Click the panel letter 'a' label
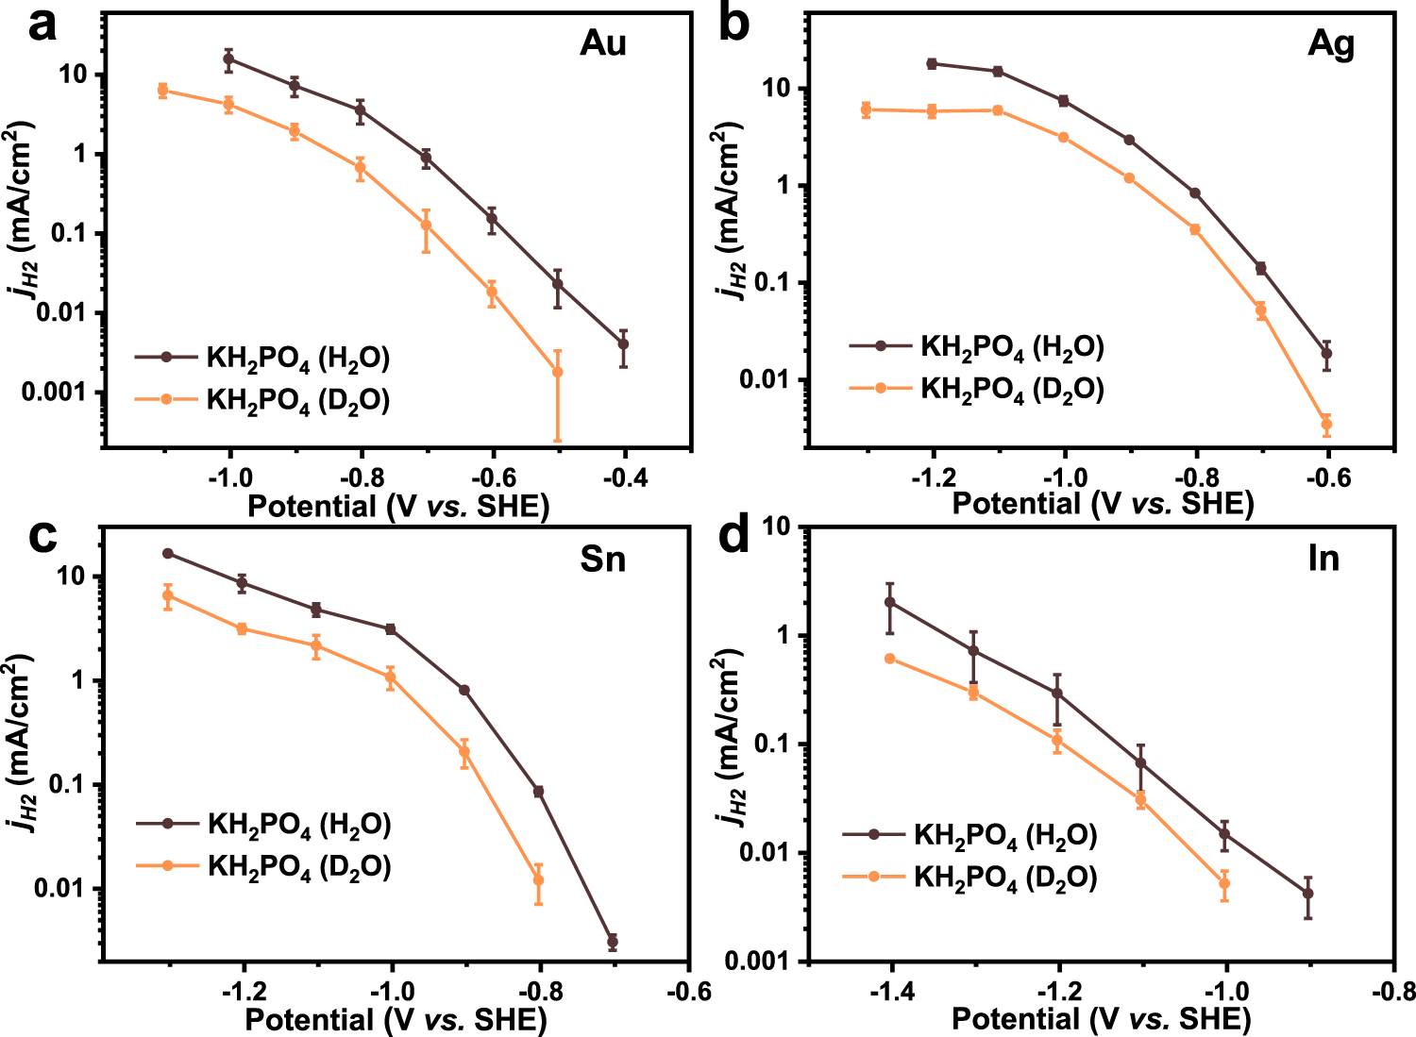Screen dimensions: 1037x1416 point(42,25)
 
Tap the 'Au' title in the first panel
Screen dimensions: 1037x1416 point(602,43)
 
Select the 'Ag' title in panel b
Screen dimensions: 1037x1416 point(1330,43)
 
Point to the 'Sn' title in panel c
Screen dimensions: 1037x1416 point(602,560)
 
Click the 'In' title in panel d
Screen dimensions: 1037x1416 point(1323,559)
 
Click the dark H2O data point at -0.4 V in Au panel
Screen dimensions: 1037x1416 point(623,344)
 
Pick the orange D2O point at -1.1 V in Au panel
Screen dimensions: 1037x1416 point(162,91)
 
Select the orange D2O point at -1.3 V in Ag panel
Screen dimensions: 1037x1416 point(866,109)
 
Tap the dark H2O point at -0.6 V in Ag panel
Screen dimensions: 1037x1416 point(1326,354)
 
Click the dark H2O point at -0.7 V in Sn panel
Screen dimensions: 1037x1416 point(613,942)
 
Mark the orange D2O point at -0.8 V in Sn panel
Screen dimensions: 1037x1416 point(538,880)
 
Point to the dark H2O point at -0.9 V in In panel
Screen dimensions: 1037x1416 point(1307,893)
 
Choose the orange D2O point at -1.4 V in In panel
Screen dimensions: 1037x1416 point(889,659)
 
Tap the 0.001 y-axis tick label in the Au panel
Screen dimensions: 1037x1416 point(56,392)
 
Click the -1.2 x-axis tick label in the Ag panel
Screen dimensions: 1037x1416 point(932,477)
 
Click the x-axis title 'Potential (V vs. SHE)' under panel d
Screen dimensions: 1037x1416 point(1101,1019)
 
